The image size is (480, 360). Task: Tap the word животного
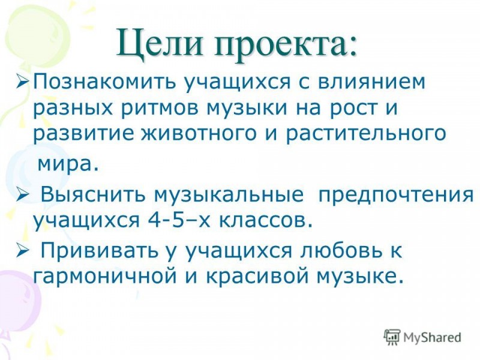(x=199, y=134)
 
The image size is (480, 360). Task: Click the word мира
(x=68, y=164)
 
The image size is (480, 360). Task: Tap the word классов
(x=266, y=220)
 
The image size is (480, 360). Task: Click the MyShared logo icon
(x=392, y=337)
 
